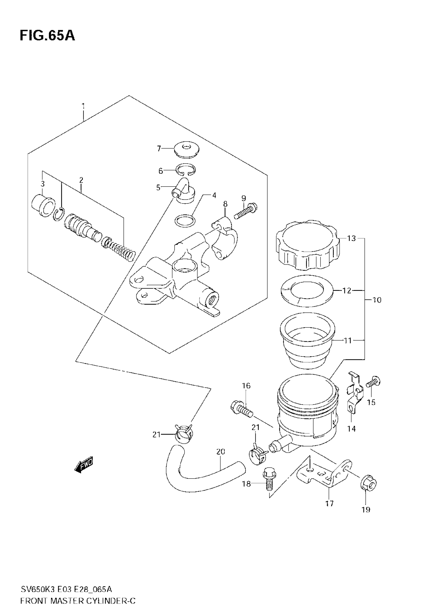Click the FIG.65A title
[x=47, y=36]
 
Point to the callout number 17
[x=329, y=503]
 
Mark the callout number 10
[x=377, y=300]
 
